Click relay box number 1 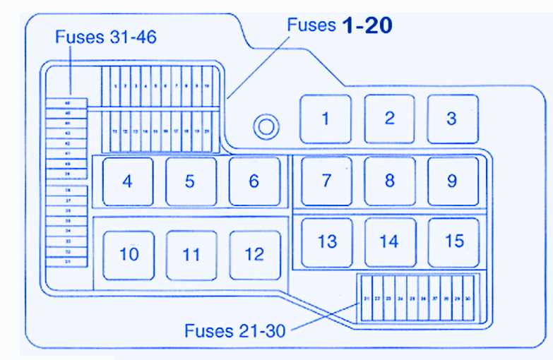click(x=326, y=119)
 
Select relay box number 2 click(x=389, y=119)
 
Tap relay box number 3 click(x=452, y=119)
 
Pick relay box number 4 click(x=127, y=181)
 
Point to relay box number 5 click(x=191, y=181)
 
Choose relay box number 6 click(x=254, y=181)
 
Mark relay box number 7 click(x=326, y=181)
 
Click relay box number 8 click(x=389, y=181)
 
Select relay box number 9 click(x=453, y=181)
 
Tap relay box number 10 click(x=129, y=254)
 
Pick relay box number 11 click(x=191, y=255)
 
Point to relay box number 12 click(x=254, y=255)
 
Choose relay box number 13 click(x=327, y=242)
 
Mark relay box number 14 click(x=389, y=242)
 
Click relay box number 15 click(x=453, y=242)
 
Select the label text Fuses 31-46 click(x=106, y=37)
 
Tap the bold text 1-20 click(x=367, y=26)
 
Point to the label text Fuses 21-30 click(x=235, y=330)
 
